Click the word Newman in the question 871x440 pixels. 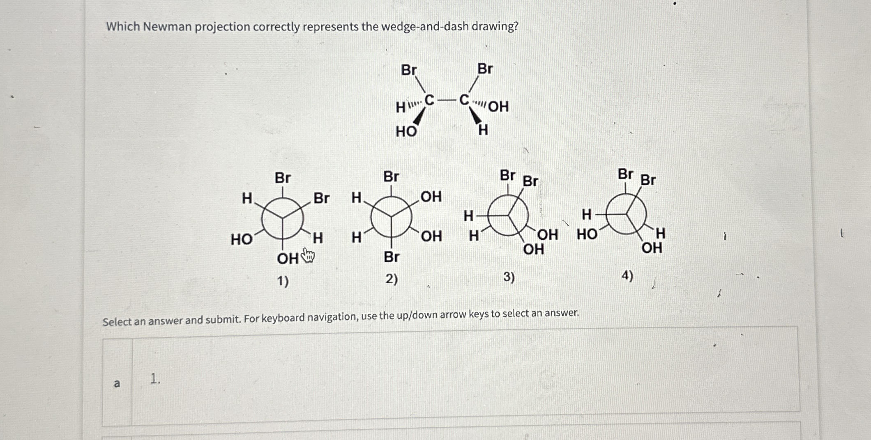click(x=168, y=27)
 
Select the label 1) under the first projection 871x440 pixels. click(x=283, y=282)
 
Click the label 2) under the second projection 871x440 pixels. click(x=391, y=280)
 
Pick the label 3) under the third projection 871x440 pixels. click(x=509, y=277)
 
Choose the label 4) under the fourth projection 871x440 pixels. click(x=627, y=275)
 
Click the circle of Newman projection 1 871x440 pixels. click(x=282, y=218)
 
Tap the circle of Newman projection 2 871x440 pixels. click(x=391, y=216)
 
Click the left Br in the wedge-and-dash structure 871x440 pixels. click(x=409, y=70)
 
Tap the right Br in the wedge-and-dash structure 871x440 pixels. click(x=485, y=69)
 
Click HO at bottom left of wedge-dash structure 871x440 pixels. click(x=406, y=132)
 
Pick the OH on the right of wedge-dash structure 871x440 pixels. click(x=498, y=107)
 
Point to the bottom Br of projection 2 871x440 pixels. click(x=391, y=257)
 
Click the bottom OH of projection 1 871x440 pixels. click(x=288, y=259)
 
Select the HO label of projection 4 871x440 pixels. click(x=587, y=234)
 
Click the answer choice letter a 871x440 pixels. click(x=117, y=383)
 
